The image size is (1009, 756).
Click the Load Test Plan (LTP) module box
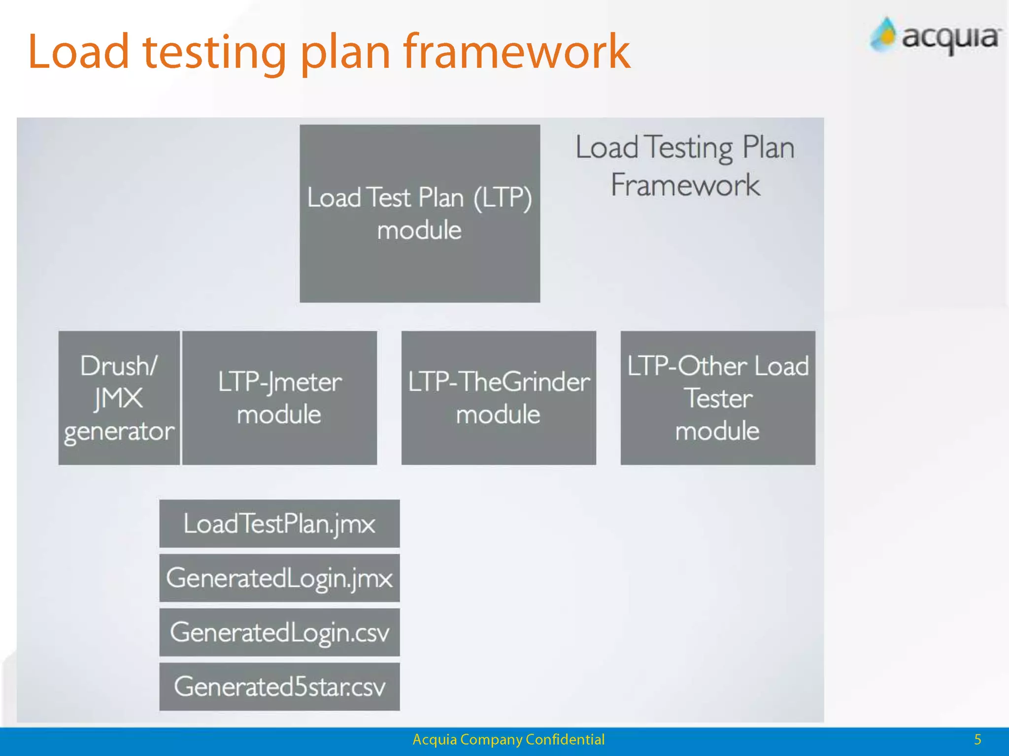[420, 213]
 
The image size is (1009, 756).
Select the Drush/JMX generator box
[119, 398]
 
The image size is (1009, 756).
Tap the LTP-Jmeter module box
[279, 398]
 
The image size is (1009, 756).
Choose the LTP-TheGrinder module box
[499, 398]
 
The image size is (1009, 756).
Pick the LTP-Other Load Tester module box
[718, 398]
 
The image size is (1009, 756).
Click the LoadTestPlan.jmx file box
[279, 523]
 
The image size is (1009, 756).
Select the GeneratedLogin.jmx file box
[279, 578]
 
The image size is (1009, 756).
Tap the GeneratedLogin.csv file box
[279, 632]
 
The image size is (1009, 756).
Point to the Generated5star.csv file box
[279, 687]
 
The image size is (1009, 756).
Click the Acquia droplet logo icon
[884, 34]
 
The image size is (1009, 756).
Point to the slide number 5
[977, 739]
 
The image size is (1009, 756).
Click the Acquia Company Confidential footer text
[508, 739]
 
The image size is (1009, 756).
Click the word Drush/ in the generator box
[119, 366]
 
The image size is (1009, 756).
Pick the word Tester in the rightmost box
[719, 398]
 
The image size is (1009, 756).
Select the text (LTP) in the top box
[503, 198]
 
